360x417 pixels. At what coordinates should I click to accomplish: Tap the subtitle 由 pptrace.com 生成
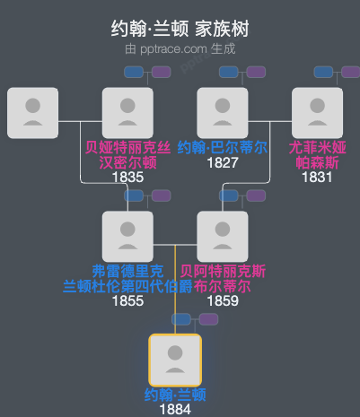pos(180,48)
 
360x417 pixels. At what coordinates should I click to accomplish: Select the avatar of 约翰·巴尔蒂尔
pos(223,113)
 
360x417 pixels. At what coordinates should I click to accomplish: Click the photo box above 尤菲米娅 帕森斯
pos(317,113)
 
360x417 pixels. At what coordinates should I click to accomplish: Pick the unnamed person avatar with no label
pos(32,113)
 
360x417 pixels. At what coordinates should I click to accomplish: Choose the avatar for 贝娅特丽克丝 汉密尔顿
pos(127,113)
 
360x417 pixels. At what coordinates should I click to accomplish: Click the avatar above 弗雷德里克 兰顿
pos(127,236)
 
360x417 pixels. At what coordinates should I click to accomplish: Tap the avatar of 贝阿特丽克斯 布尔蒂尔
pos(223,236)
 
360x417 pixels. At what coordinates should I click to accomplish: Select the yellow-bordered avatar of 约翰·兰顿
pos(175,359)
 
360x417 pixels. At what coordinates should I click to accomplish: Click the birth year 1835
pos(127,178)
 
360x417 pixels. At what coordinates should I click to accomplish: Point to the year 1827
pos(222,163)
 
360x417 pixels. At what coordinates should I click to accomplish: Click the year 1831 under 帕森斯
pos(317,178)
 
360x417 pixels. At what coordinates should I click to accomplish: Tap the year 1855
pos(127,300)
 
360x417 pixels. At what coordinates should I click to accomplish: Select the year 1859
pos(222,300)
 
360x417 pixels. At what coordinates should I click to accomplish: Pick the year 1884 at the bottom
pos(175,409)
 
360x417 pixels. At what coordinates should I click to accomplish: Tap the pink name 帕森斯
pos(317,162)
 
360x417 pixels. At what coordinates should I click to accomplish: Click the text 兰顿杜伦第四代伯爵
pos(127,286)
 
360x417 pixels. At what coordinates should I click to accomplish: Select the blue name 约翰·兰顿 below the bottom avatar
pos(175,394)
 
